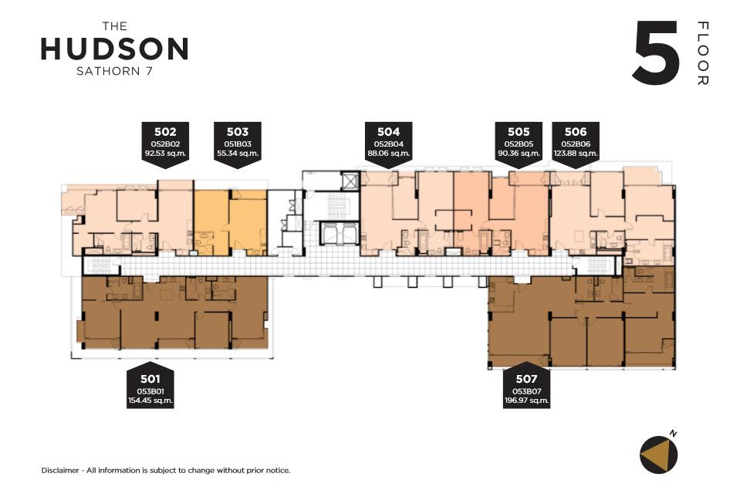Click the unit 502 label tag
point(165,144)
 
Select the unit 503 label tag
point(238,144)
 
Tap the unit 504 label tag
point(388,144)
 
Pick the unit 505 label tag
point(519,144)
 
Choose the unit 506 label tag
point(576,144)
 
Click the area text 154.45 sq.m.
point(150,401)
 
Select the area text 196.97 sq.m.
point(526,401)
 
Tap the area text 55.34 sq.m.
point(238,153)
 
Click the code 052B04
point(388,144)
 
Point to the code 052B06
point(576,144)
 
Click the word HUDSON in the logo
point(114,49)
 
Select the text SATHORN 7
point(114,72)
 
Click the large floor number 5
point(655,52)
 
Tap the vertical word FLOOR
point(703,53)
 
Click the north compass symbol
point(659,455)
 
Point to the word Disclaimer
point(60,470)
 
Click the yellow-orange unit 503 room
point(231,222)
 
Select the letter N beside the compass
point(673,434)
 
